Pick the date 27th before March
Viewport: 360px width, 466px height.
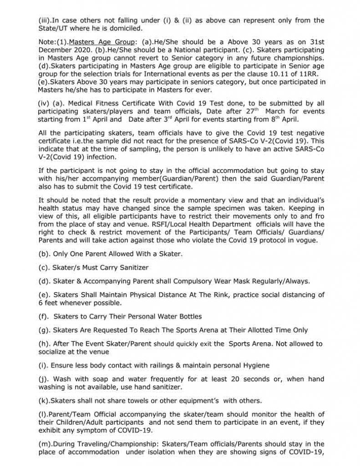pos(248,111)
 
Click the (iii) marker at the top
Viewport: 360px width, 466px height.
pos(45,21)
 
